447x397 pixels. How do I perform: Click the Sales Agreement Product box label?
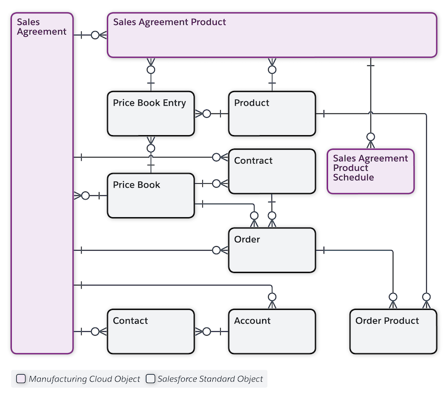point(169,22)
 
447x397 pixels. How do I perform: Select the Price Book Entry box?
point(151,113)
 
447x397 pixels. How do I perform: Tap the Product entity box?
point(272,113)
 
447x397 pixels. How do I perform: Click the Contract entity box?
point(272,171)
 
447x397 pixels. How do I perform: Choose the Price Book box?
point(151,195)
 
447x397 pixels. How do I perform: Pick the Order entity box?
point(272,250)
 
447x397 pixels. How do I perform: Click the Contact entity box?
point(151,331)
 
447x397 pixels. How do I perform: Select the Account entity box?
point(272,331)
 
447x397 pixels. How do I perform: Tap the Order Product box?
point(393,331)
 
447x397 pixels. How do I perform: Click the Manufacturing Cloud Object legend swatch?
point(21,379)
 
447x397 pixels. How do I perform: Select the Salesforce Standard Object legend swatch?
point(150,379)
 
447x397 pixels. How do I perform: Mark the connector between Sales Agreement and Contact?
point(90,332)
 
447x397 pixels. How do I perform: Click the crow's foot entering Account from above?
point(272,301)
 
